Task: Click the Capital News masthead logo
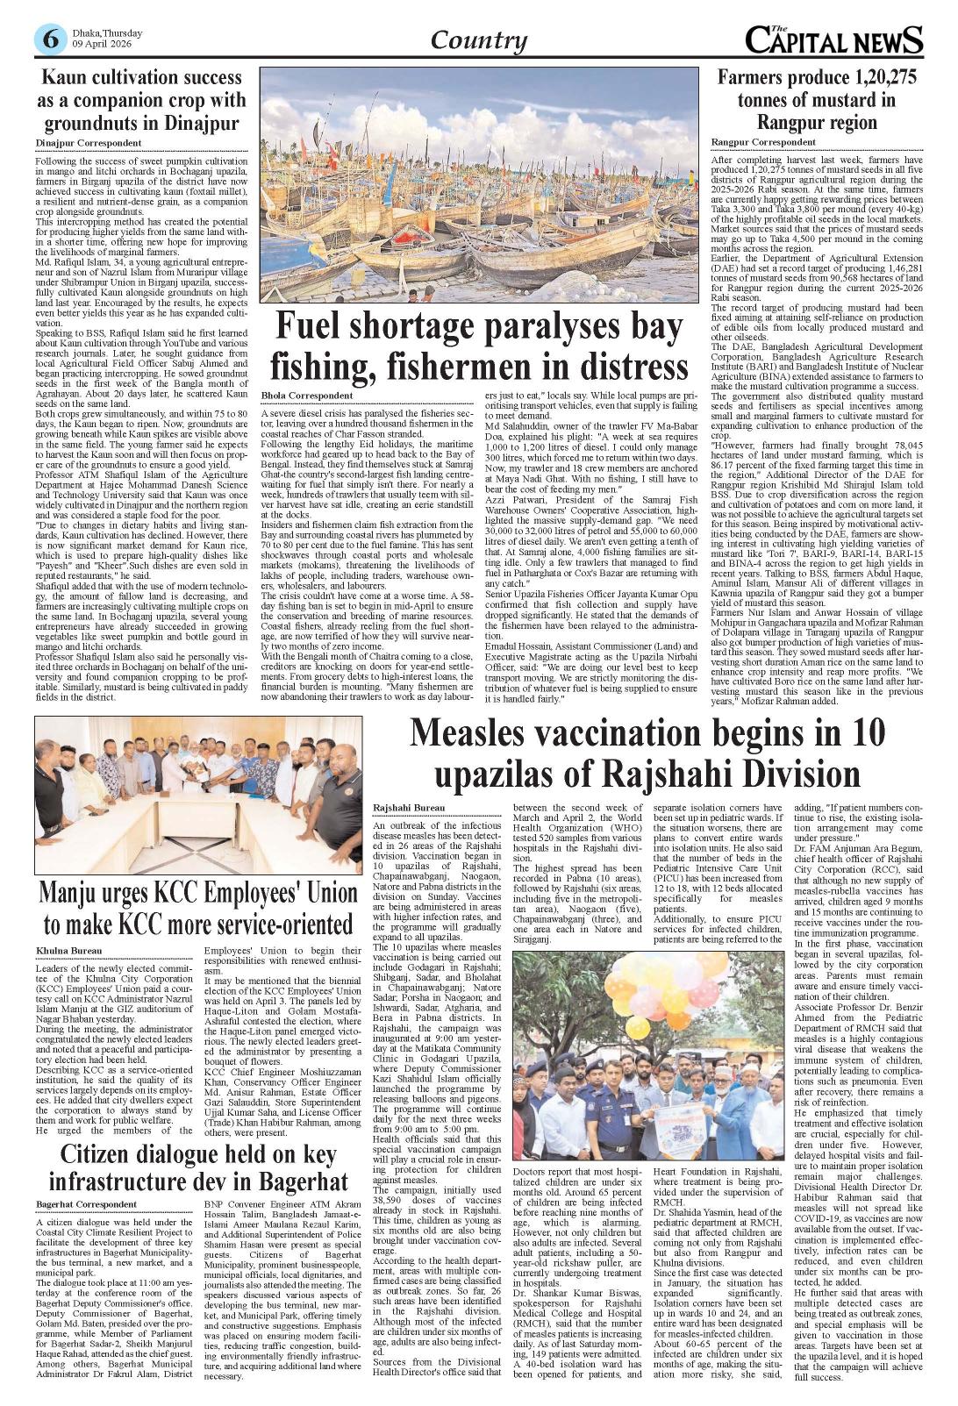point(834,40)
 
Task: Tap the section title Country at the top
point(479,40)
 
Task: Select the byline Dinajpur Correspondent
point(88,142)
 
